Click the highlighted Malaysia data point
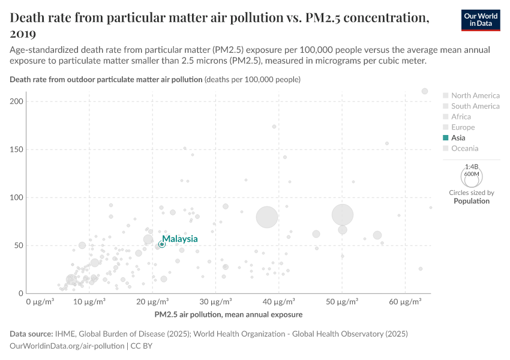162,244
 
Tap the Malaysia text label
180,239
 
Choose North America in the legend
475,95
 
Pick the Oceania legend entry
464,148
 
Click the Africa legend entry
461,117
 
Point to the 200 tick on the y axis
16,101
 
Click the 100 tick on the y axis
16,197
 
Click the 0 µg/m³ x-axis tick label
40,301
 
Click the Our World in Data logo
481,20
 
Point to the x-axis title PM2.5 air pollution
228,314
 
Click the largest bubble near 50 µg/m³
343,214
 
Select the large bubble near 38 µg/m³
267,217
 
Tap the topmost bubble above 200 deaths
425,91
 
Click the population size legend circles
472,176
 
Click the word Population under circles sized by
472,201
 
